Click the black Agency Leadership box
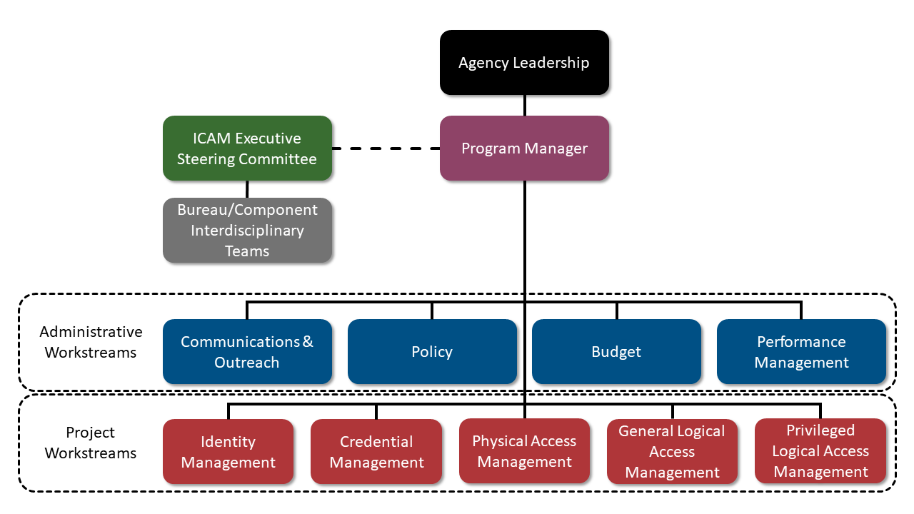pyautogui.click(x=524, y=63)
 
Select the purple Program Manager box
pyautogui.click(x=524, y=148)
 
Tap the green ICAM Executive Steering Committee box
pyautogui.click(x=247, y=148)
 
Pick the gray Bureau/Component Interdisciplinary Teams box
pyautogui.click(x=247, y=231)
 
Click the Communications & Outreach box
pyautogui.click(x=247, y=352)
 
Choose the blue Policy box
pyautogui.click(x=432, y=352)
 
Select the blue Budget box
pyautogui.click(x=616, y=352)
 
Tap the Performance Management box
pyautogui.click(x=801, y=352)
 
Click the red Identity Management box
pyautogui.click(x=228, y=452)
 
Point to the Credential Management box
pyautogui.click(x=376, y=452)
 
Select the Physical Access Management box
pyautogui.click(x=524, y=451)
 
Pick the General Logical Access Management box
pyautogui.click(x=672, y=452)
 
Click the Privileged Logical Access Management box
pyautogui.click(x=820, y=451)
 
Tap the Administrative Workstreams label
pyautogui.click(x=91, y=342)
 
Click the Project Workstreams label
pyautogui.click(x=91, y=443)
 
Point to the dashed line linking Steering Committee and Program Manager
pyautogui.click(x=386, y=148)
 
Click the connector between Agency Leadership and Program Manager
pyautogui.click(x=525, y=106)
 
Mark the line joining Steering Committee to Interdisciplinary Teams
pyautogui.click(x=247, y=189)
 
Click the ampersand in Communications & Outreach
pyautogui.click(x=308, y=341)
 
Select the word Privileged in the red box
pyautogui.click(x=820, y=430)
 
